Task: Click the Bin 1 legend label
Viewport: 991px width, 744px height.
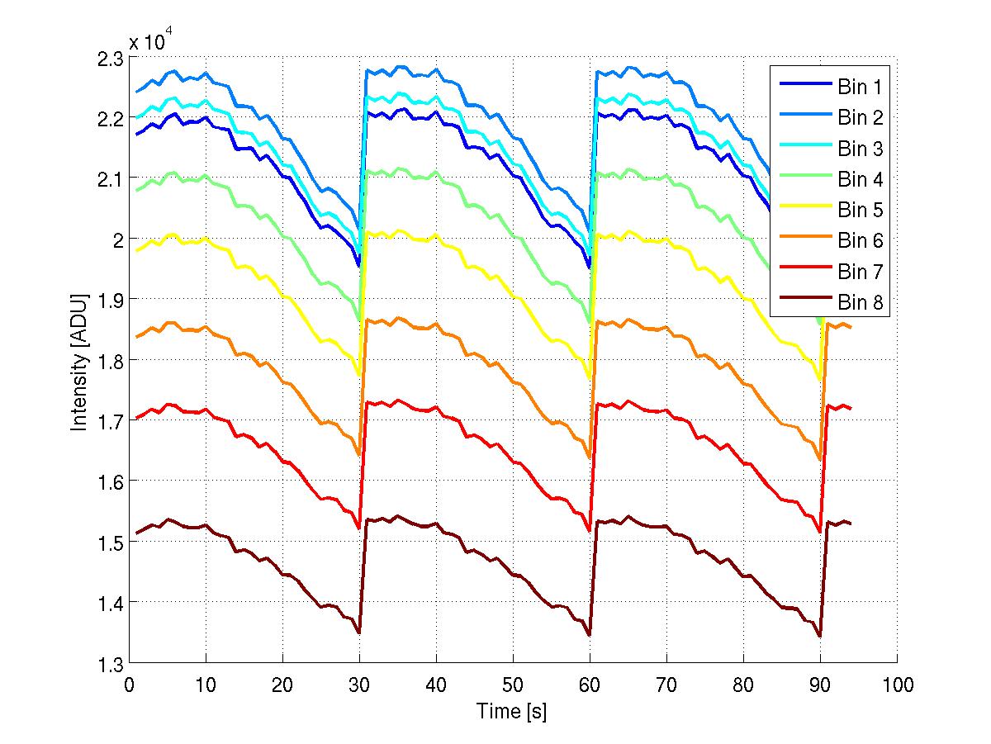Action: (x=861, y=87)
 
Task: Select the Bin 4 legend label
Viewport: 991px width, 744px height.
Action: (x=861, y=179)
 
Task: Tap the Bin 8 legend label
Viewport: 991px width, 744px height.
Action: (x=861, y=303)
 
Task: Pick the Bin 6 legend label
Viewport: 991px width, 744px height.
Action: (x=861, y=241)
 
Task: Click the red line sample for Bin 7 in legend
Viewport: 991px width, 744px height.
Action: (x=802, y=272)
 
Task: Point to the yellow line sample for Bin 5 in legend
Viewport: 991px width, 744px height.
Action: (x=802, y=210)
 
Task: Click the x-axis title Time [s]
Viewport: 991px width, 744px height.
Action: (x=511, y=711)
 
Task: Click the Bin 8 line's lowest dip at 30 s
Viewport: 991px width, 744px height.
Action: (x=359, y=633)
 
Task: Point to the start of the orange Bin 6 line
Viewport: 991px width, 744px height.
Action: (x=136, y=337)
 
